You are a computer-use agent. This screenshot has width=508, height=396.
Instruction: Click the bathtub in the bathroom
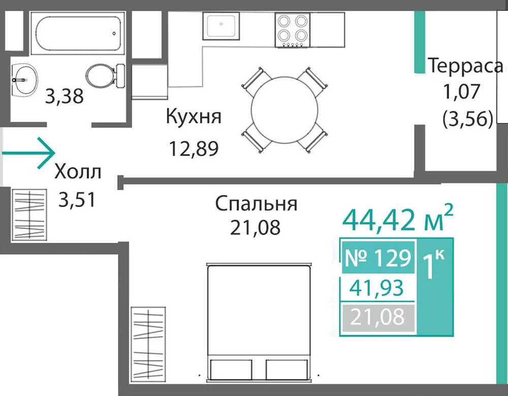pyautogui.click(x=78, y=34)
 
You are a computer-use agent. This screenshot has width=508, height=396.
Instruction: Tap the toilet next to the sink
pyautogui.click(x=106, y=76)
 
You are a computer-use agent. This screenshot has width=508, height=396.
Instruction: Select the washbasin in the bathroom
pyautogui.click(x=24, y=79)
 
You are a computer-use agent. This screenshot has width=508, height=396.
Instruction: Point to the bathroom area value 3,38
pyautogui.click(x=64, y=96)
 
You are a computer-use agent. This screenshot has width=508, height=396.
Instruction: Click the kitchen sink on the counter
pyautogui.click(x=221, y=26)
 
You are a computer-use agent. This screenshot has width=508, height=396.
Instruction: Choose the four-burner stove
pyautogui.click(x=293, y=30)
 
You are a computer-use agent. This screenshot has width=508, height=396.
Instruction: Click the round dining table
pyautogui.click(x=284, y=110)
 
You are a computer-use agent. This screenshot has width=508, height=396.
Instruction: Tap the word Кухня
pyautogui.click(x=194, y=117)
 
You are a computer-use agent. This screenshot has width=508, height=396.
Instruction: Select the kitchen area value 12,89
pyautogui.click(x=194, y=149)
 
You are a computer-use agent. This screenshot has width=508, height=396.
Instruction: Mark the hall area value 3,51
pyautogui.click(x=77, y=200)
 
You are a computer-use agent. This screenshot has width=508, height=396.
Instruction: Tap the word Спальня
pyautogui.click(x=256, y=205)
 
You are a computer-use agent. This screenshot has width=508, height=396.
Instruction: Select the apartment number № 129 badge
pyautogui.click(x=378, y=258)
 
